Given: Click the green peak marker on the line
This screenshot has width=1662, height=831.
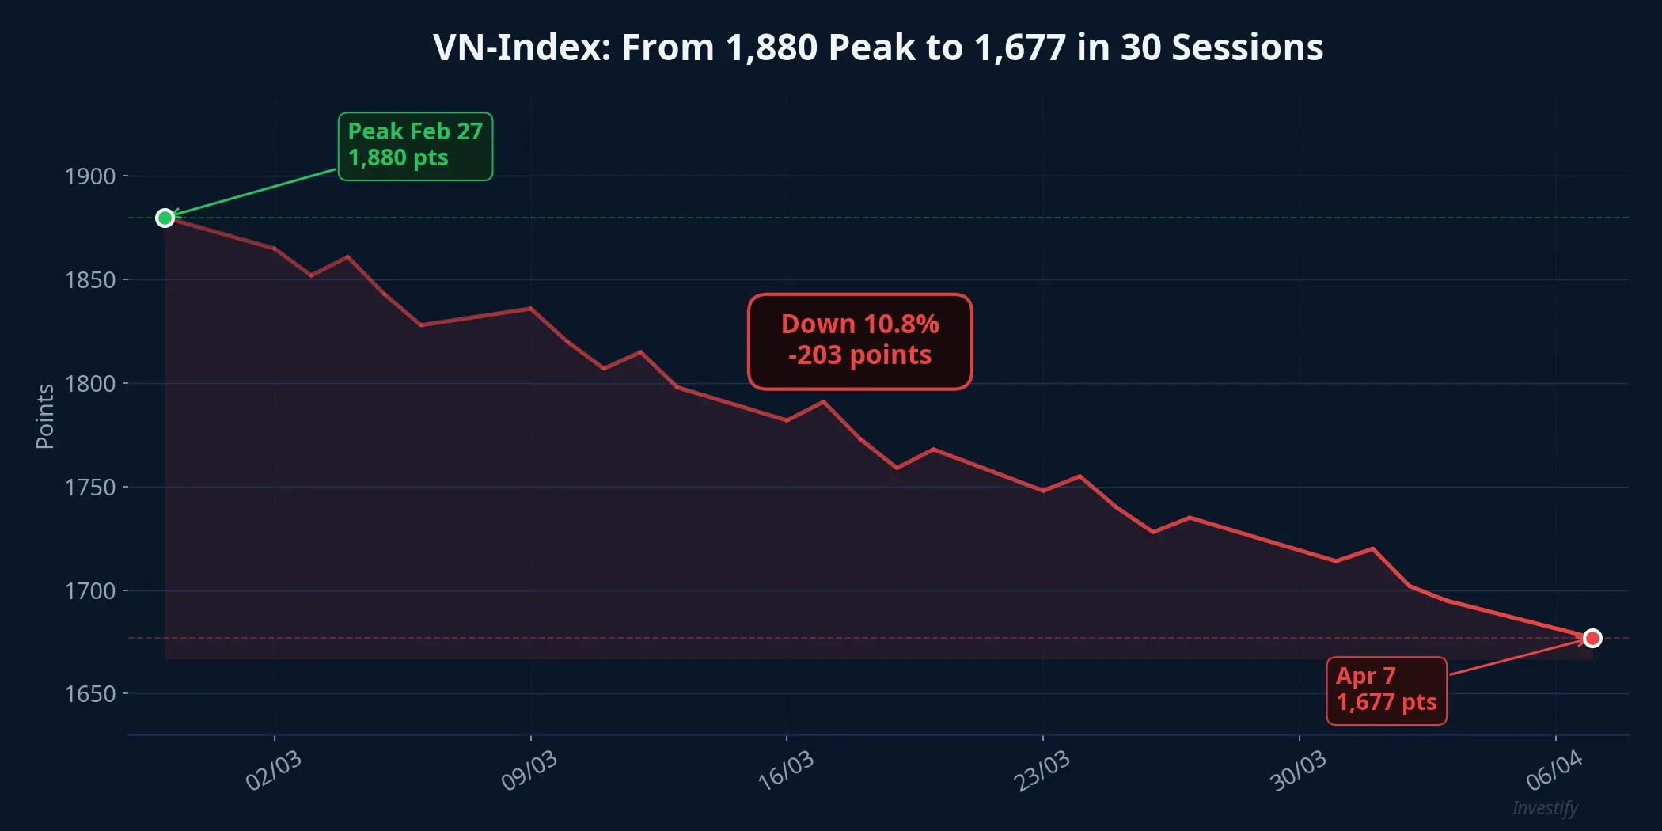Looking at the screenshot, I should [165, 218].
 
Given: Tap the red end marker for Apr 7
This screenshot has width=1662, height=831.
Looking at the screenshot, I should [1592, 638].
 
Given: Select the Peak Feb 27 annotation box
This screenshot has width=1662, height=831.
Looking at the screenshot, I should [415, 146].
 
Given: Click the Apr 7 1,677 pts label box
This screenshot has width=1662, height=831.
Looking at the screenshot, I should [1386, 690].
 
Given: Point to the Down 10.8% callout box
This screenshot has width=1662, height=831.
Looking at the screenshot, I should [859, 341].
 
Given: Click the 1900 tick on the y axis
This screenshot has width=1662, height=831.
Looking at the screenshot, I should [90, 176].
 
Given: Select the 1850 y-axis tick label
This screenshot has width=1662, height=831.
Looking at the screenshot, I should [90, 280].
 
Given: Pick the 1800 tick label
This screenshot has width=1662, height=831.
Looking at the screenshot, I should [90, 384].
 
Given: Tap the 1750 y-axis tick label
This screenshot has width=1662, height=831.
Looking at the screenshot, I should [90, 488].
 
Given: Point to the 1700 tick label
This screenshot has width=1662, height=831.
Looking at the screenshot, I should [90, 591].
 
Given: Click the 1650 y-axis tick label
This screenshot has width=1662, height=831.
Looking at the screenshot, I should [90, 694].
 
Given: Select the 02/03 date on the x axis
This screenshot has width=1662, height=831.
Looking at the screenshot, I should [274, 770].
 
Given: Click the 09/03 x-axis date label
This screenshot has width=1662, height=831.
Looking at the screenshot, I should [529, 770].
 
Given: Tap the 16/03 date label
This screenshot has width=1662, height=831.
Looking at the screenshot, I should [786, 770].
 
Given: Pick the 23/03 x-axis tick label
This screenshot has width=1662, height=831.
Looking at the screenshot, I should [1042, 770].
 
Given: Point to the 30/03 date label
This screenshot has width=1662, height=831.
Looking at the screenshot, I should [1298, 770].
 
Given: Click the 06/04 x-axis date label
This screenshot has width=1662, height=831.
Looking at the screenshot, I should [1554, 770].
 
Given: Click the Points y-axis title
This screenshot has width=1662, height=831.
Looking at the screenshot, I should [45, 416].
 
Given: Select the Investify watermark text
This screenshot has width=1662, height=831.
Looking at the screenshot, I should [1545, 808].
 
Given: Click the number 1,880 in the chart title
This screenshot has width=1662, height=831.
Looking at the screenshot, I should [771, 47].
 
